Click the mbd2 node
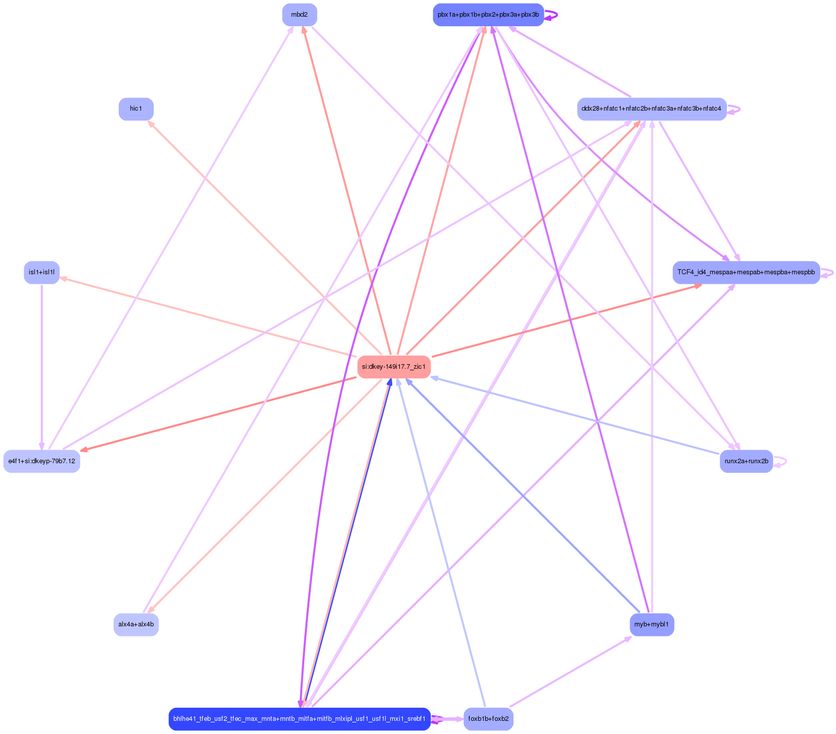coord(299,15)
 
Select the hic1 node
coord(136,109)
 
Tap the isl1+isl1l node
coord(41,272)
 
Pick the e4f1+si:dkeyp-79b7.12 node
coord(41,461)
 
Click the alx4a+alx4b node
coord(136,624)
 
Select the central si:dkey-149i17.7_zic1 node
coord(394,367)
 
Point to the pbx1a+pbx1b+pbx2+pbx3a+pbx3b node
coord(488,15)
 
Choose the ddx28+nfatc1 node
coord(652,109)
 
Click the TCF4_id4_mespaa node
coord(746,272)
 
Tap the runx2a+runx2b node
coord(746,461)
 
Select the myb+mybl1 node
coord(652,624)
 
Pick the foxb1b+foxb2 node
coord(488,718)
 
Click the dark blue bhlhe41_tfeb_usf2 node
coord(299,718)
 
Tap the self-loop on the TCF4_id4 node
coord(832,273)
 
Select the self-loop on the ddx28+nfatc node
coord(739,109)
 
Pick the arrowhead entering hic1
coord(150,123)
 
